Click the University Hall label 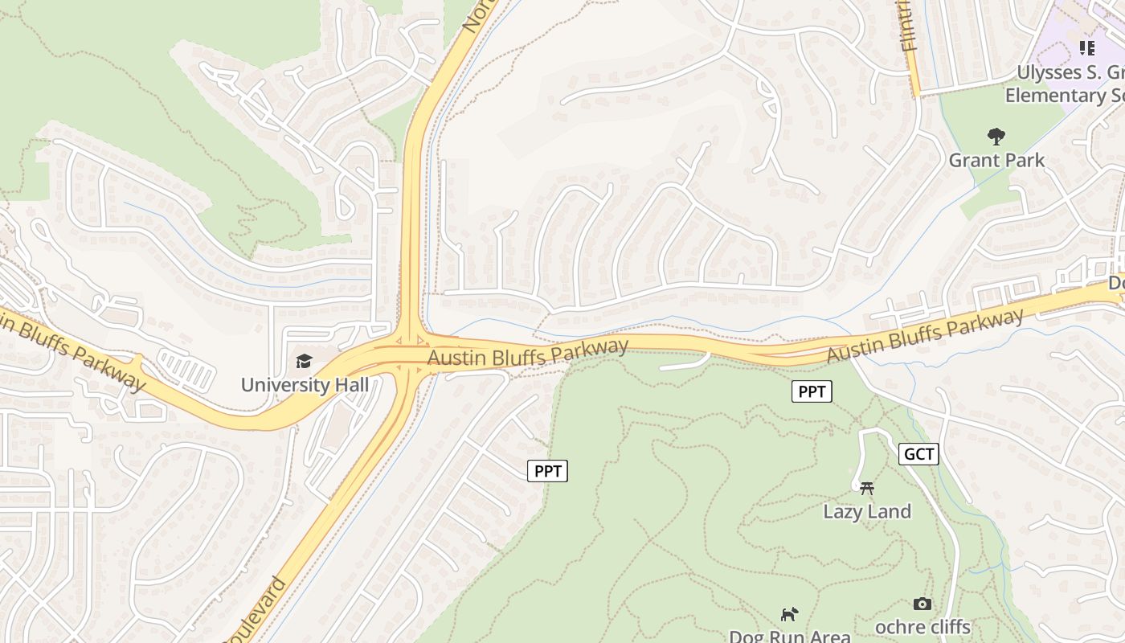pos(305,385)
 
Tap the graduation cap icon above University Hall pos(304,362)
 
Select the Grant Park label pos(996,160)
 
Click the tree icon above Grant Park pos(996,136)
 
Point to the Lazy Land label pos(867,511)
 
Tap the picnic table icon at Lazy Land pos(866,487)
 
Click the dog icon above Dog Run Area pos(789,614)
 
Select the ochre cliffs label pos(922,627)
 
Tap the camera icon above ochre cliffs pos(922,604)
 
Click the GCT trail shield pos(918,454)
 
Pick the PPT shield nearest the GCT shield pos(812,391)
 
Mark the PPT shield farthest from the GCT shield pos(547,471)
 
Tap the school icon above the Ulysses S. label pos(1086,48)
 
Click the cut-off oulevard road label pos(254,612)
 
